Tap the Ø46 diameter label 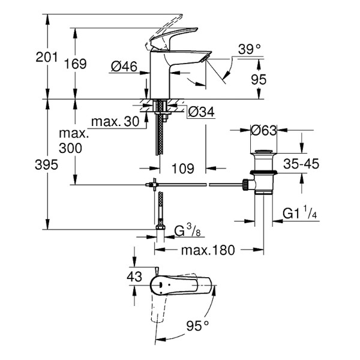[x=124, y=67]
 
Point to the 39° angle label [x=249, y=49]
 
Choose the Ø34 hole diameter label [x=199, y=112]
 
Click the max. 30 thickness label [x=115, y=122]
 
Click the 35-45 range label [x=301, y=163]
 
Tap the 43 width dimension [x=135, y=277]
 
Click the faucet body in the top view [x=180, y=284]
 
